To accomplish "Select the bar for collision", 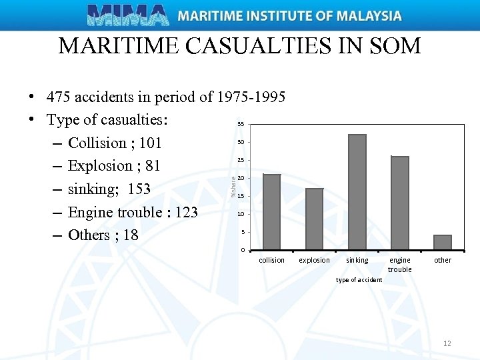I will tap(271, 211).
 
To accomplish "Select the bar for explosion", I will tap(314, 219).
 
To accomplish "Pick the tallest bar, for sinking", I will tap(357, 192).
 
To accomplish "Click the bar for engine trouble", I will tap(399, 203).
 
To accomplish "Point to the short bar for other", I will tap(443, 242).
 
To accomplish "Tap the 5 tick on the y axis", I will tap(242, 232).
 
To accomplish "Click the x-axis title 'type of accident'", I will tap(359, 280).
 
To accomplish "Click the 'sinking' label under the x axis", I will tap(357, 261).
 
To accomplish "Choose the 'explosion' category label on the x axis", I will tap(314, 261).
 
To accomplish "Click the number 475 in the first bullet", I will tap(59, 97).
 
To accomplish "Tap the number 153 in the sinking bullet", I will tap(139, 189).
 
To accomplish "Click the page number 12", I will tap(447, 343).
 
